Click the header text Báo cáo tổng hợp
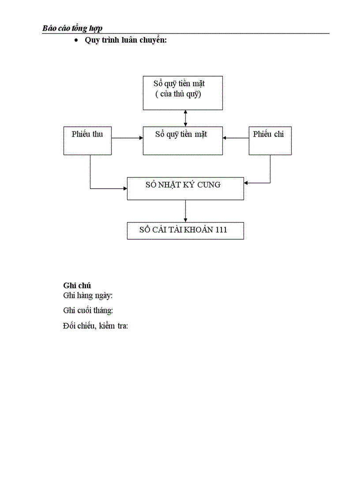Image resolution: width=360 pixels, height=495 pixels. point(72,28)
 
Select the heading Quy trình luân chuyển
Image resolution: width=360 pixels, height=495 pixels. point(125,41)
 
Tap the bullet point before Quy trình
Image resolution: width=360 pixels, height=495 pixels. point(76,41)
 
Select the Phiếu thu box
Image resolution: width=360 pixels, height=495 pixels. point(87,141)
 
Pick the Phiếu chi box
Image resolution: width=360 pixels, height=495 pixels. point(270,141)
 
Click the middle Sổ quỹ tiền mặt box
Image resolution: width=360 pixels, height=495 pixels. point(183,141)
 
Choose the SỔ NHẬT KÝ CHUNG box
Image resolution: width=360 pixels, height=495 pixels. point(185,188)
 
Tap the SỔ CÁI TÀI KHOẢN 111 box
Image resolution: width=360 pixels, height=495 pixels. point(185,231)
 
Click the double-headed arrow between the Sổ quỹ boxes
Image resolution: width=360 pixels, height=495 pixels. point(186,118)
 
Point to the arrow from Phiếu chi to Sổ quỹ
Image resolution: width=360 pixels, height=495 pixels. point(236,138)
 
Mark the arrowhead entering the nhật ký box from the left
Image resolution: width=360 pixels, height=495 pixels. point(125,189)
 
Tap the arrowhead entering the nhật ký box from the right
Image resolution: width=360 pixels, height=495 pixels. point(246,182)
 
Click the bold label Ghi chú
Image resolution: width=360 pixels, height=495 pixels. point(77,286)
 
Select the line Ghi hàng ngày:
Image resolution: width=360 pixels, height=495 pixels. point(88,296)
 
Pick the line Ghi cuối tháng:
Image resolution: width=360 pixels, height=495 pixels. point(88,311)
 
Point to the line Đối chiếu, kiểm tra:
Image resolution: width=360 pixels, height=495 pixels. point(95,326)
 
